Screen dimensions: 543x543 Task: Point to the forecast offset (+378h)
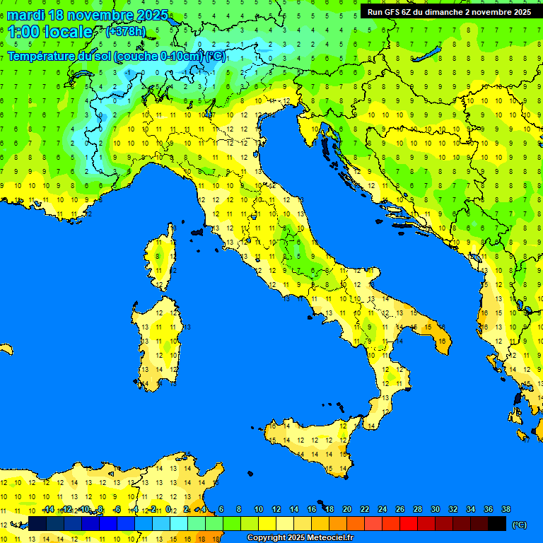tap(125, 32)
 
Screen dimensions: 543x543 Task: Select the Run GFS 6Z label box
tap(449, 12)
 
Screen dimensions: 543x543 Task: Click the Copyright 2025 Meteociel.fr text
tap(300, 538)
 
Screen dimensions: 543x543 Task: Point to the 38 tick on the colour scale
tap(506, 509)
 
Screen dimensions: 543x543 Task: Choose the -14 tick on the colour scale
tap(49, 509)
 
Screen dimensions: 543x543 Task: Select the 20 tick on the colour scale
tap(346, 509)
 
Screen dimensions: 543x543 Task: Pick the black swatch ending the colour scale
tap(497, 524)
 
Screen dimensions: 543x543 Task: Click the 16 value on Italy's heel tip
tap(442, 341)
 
